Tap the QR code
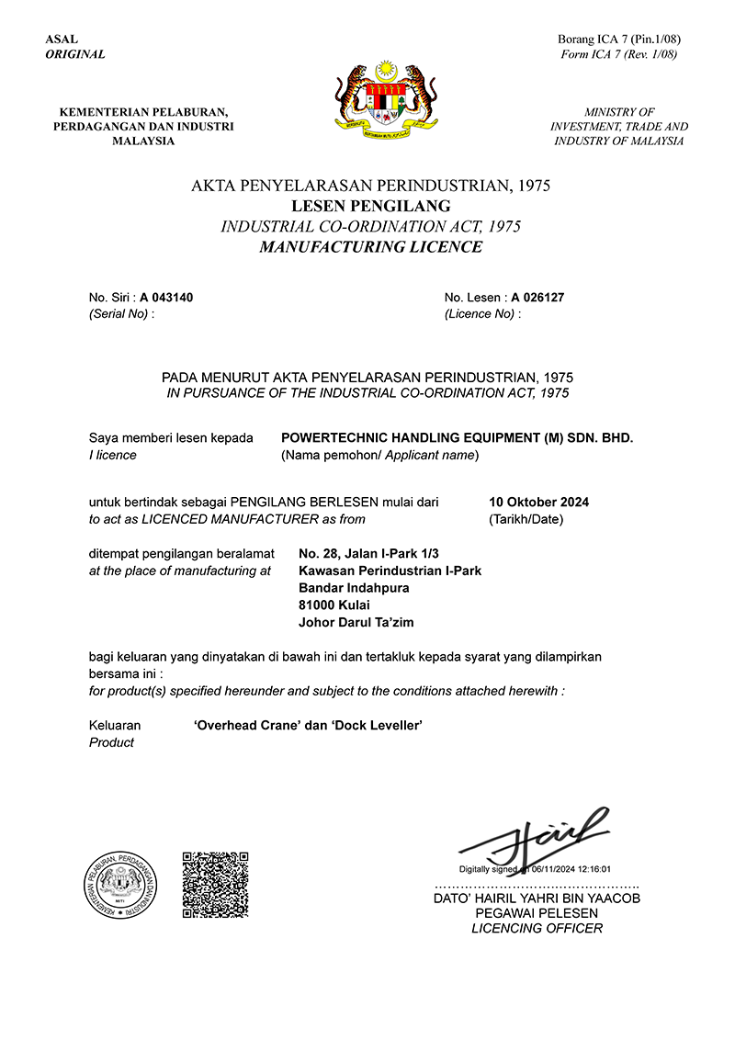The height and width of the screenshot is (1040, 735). (215, 884)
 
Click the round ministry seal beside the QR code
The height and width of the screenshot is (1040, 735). (122, 885)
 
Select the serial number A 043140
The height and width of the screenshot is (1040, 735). (166, 298)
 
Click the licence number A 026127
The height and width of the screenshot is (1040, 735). (537, 298)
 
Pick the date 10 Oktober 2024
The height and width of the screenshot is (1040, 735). (539, 502)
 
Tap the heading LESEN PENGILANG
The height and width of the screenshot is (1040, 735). (370, 206)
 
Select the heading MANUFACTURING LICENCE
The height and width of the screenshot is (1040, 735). (370, 246)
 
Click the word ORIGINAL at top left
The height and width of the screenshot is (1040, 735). (75, 54)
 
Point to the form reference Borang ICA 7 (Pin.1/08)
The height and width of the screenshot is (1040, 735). (618, 40)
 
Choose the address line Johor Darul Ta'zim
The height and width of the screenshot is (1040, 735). (356, 622)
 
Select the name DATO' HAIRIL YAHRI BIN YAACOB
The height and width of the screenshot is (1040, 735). (537, 898)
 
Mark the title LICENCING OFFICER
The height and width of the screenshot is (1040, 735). (537, 929)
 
